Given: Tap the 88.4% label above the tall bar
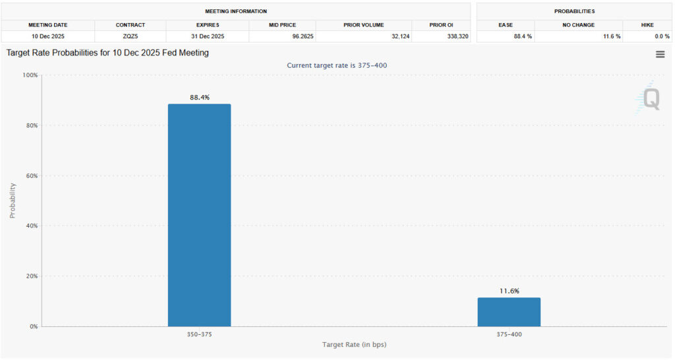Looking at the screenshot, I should click(x=199, y=97).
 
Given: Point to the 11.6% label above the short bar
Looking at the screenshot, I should click(x=509, y=291).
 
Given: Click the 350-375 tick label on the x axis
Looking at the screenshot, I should click(x=199, y=335).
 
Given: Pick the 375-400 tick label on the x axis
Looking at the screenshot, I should click(x=509, y=335).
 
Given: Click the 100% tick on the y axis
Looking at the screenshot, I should click(x=30, y=75).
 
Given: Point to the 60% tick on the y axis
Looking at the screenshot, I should click(x=32, y=175).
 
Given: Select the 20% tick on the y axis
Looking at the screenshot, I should click(x=32, y=276).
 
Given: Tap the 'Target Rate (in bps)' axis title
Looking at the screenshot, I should click(x=354, y=345).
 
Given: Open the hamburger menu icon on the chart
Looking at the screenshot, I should click(x=660, y=55).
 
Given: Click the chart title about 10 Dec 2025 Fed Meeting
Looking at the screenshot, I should click(x=107, y=52).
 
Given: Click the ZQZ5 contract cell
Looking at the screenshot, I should click(x=130, y=36).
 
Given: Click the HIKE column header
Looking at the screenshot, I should click(x=647, y=24).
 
